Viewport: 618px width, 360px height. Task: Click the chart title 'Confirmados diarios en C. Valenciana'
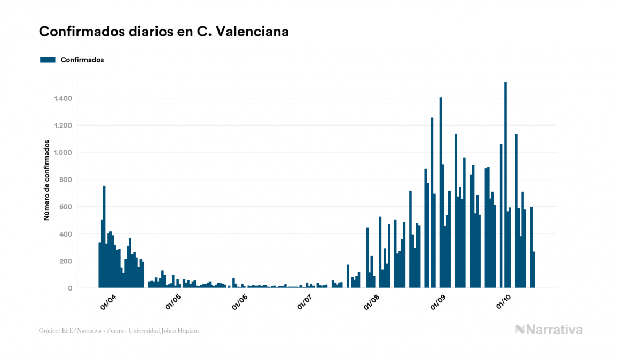(x=164, y=32)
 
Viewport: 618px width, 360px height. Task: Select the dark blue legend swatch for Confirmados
(x=48, y=60)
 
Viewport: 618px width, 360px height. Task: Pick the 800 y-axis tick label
(x=66, y=179)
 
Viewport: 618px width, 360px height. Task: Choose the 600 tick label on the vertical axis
(x=66, y=207)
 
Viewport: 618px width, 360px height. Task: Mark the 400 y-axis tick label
(x=66, y=234)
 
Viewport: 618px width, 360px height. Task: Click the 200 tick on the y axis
(x=66, y=261)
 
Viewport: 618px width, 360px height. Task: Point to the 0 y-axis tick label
(x=70, y=288)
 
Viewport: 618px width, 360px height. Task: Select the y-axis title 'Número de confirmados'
(x=47, y=181)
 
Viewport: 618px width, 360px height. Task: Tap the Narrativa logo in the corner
(x=549, y=330)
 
